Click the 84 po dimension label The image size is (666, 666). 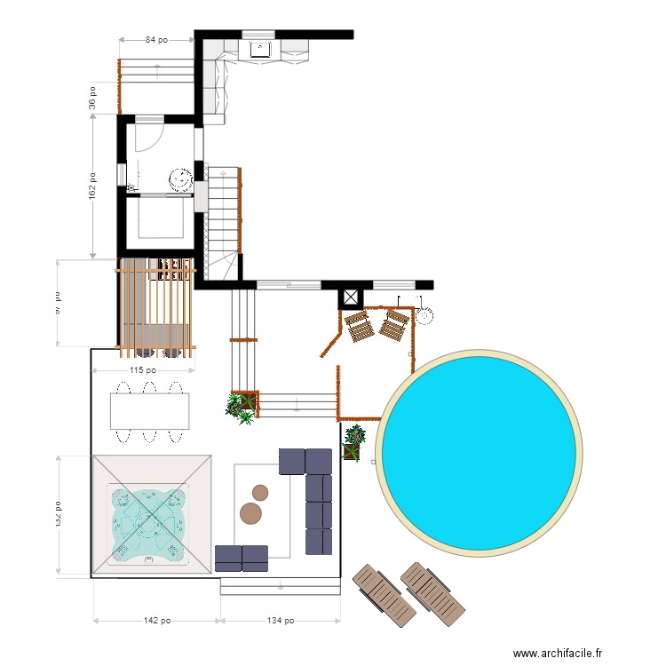156,40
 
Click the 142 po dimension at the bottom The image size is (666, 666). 156,621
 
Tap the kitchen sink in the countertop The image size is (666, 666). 260,49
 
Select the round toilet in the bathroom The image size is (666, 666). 181,179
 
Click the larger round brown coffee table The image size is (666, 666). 251,513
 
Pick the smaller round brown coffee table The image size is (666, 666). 260,492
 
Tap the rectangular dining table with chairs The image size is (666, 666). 150,411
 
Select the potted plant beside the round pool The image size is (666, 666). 354,441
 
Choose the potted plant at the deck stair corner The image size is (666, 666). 241,407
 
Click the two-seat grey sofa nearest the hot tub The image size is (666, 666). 242,558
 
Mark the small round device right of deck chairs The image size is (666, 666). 424,314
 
